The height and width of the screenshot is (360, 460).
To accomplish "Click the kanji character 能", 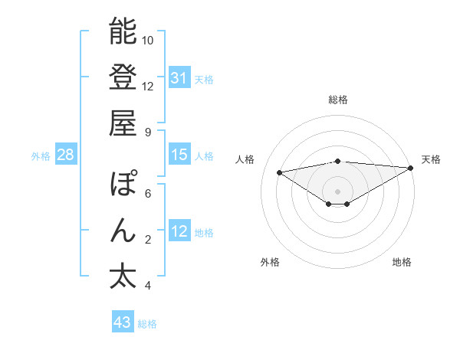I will point(123,32).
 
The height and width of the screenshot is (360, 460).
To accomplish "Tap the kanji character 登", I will point(123,77).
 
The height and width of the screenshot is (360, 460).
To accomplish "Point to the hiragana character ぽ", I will point(123,185).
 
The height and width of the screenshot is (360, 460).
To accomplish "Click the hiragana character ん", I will point(123,231).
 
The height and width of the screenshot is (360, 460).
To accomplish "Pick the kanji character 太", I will point(123,276).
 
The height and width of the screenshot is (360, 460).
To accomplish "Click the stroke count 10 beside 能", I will point(148,40).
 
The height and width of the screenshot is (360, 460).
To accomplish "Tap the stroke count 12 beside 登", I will point(148,86).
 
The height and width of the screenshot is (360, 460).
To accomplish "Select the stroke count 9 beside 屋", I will point(148,132).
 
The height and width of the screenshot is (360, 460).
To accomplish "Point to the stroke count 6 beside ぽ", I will point(148,194).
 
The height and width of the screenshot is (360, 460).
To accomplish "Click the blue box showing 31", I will point(179,78).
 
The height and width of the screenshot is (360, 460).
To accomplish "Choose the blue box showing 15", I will point(179,155).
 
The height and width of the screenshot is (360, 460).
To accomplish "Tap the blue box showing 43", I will point(122,322).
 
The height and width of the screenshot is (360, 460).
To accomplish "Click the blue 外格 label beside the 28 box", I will point(41,156).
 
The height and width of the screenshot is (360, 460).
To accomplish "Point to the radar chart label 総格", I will point(338,100).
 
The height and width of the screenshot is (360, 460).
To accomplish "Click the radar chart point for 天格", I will point(411,168).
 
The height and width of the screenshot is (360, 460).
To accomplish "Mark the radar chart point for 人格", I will point(279,172).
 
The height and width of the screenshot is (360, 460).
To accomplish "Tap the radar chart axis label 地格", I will point(402,263).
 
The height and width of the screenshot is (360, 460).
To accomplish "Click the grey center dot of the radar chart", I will point(337,190).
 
